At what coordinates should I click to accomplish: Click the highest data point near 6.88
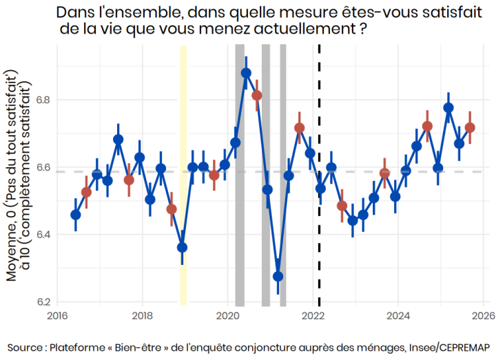(x=246, y=73)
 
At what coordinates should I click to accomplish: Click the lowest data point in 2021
(x=278, y=276)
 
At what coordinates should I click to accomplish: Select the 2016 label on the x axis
(x=57, y=316)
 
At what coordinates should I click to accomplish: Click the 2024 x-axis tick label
(x=398, y=316)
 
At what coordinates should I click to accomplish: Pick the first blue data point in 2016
(x=76, y=215)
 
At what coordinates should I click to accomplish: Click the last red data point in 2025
(x=470, y=127)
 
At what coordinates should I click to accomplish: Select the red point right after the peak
(x=257, y=95)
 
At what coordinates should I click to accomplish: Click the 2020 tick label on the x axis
(x=228, y=316)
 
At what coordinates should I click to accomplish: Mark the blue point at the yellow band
(x=182, y=247)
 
